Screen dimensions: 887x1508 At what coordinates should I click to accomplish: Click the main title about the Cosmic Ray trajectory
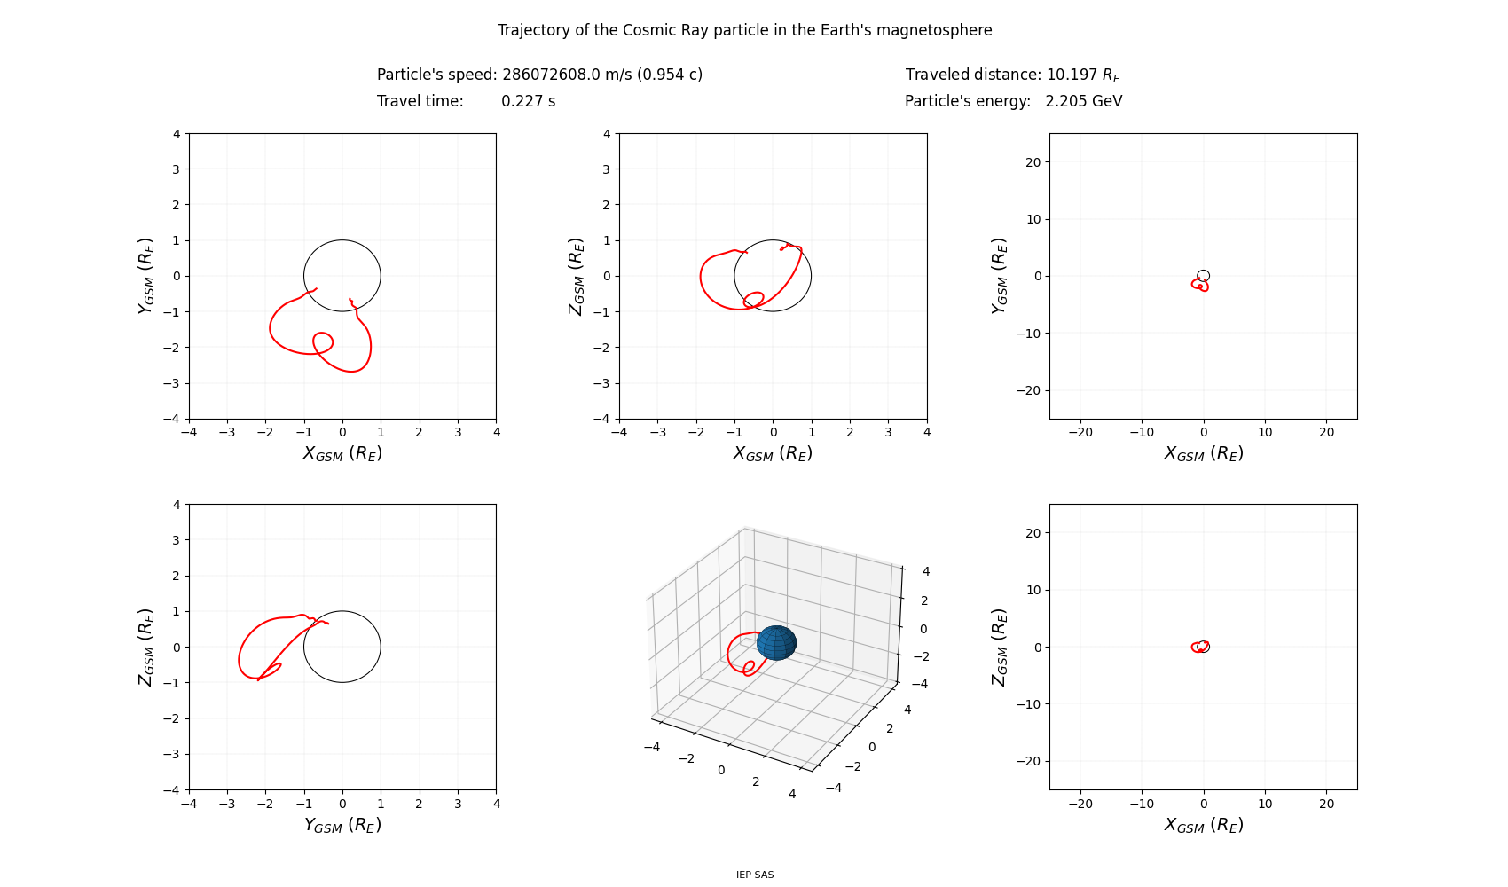click(744, 30)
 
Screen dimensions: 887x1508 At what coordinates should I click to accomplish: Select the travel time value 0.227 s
click(528, 101)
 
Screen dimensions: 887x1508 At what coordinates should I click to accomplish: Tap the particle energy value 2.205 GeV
click(1083, 101)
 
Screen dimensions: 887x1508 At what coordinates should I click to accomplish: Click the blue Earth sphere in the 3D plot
click(776, 643)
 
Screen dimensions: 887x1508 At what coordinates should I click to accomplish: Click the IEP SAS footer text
click(754, 875)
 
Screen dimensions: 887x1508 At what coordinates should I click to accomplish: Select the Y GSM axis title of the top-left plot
click(146, 275)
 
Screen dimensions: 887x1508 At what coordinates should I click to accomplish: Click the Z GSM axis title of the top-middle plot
click(577, 275)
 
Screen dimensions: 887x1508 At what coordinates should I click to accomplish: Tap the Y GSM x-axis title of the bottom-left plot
click(342, 825)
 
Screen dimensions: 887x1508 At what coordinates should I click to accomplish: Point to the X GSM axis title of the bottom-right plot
click(1203, 825)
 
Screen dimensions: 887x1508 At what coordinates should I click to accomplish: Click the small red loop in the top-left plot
click(323, 342)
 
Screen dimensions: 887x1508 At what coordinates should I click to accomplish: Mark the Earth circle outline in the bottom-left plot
click(381, 647)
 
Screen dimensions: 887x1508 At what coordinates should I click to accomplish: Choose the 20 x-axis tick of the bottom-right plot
click(1326, 804)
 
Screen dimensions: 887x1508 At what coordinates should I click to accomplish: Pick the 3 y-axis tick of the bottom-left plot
click(176, 540)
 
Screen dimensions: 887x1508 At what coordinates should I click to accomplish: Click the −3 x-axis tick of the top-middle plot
click(657, 432)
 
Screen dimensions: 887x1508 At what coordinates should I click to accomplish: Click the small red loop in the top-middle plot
click(754, 299)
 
